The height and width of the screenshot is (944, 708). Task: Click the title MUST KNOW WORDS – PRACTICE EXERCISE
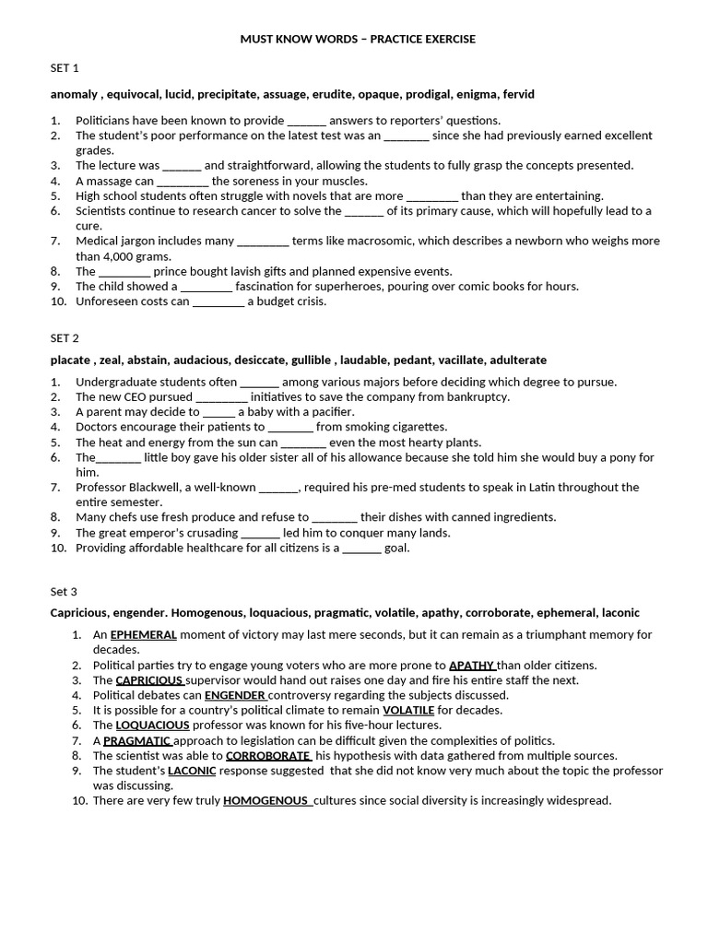click(x=358, y=40)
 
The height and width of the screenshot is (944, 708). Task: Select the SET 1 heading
click(x=65, y=68)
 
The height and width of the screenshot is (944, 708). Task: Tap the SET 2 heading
click(x=65, y=337)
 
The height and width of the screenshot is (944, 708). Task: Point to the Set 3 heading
click(x=64, y=591)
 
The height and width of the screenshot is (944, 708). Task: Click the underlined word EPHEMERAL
click(x=143, y=635)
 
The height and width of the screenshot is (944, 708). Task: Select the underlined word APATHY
click(x=472, y=665)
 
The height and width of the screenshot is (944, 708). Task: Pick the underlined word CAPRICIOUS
click(x=149, y=680)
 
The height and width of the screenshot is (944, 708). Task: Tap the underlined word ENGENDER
click(x=235, y=695)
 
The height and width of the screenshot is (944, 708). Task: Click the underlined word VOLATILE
click(x=407, y=710)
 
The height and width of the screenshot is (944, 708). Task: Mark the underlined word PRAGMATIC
click(x=137, y=740)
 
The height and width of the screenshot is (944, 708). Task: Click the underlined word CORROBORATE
click(x=267, y=756)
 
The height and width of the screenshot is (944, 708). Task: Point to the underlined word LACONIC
click(x=192, y=771)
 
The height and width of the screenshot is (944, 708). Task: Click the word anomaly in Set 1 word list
click(x=75, y=94)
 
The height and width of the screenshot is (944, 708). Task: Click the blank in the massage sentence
click(x=183, y=182)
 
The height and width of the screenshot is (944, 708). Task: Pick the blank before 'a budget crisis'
click(x=218, y=301)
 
